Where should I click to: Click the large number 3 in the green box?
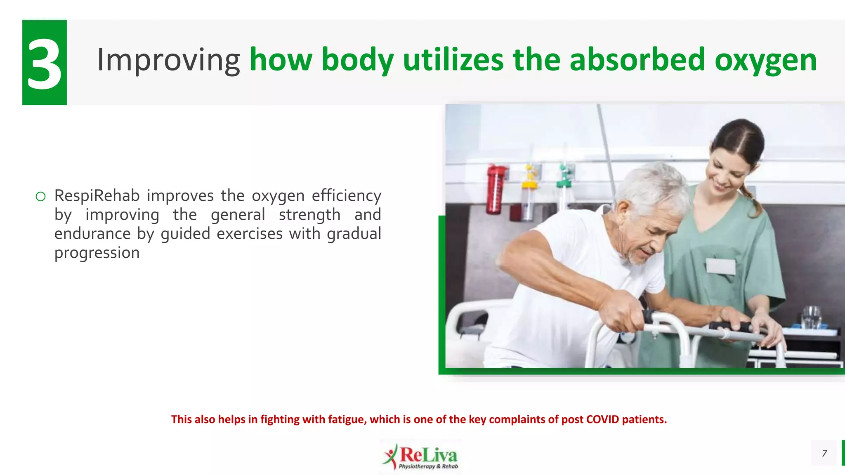click(x=44, y=63)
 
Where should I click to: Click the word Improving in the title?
click(x=168, y=60)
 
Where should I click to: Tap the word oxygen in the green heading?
click(x=765, y=60)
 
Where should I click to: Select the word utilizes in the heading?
click(x=453, y=60)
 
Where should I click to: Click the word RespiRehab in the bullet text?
click(x=97, y=195)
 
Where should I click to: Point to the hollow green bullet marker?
click(x=40, y=197)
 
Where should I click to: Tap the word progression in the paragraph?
click(x=97, y=253)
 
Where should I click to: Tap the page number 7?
click(x=824, y=453)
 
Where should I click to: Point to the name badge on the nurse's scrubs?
click(x=720, y=266)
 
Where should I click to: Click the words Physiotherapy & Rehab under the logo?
click(x=428, y=466)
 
